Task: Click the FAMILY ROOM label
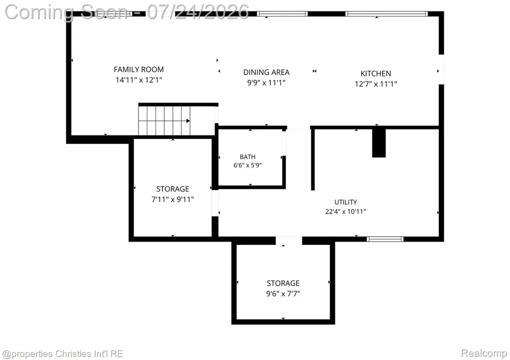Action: click(138, 69)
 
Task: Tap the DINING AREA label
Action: click(266, 72)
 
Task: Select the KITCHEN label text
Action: click(376, 74)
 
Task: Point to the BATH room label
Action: click(248, 157)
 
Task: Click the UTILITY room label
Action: click(346, 202)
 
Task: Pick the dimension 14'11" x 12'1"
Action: click(138, 80)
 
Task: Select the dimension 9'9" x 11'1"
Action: click(266, 83)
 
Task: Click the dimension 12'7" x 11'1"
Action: click(376, 84)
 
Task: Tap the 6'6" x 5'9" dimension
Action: click(248, 165)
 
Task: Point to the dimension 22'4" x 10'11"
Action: click(346, 212)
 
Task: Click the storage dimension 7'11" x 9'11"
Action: click(173, 199)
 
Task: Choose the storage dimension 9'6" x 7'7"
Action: click(283, 294)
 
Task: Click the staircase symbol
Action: click(164, 120)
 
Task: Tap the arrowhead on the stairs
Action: click(188, 121)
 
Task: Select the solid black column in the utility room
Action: click(379, 143)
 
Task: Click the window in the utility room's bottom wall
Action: click(385, 240)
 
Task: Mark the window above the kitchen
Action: click(386, 13)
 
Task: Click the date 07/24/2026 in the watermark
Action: click(198, 12)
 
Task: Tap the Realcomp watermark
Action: click(484, 353)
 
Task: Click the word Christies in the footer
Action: click(73, 354)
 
